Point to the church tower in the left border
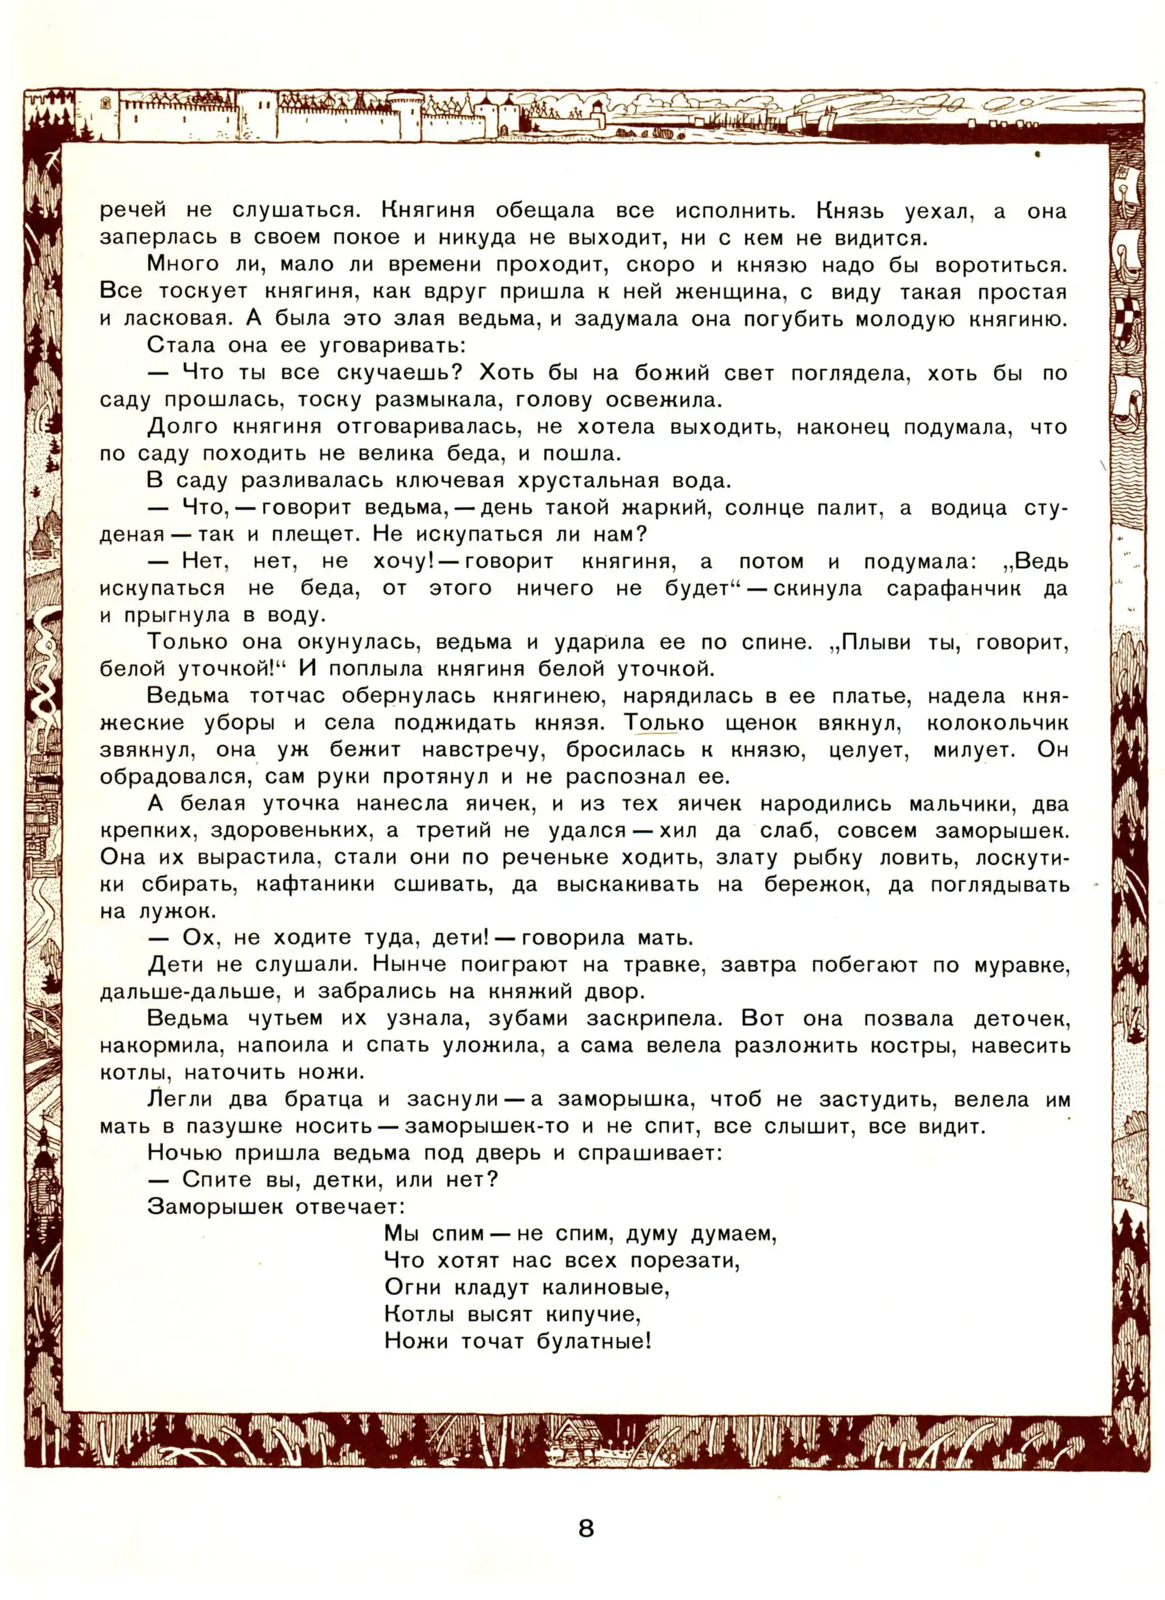click(x=44, y=1157)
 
